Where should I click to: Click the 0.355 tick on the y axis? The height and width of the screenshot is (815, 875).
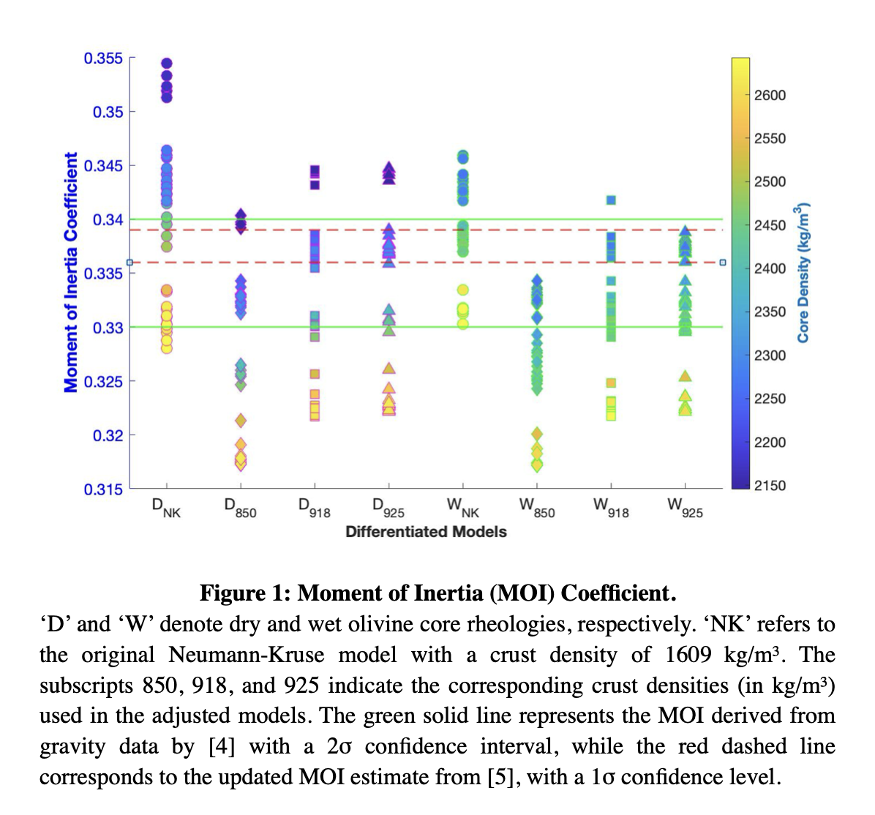[103, 58]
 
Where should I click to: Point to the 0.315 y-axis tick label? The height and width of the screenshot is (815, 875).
[103, 489]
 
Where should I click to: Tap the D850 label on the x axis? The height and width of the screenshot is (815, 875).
[240, 508]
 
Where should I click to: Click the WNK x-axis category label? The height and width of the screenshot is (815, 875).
[462, 508]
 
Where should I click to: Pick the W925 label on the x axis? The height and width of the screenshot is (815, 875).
[685, 508]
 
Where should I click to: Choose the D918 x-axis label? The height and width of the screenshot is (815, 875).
[314, 508]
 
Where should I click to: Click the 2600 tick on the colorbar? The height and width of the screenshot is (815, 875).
[770, 95]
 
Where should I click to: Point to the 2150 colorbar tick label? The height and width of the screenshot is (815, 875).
[770, 485]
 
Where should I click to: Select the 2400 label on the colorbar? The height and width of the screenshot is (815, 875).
[770, 268]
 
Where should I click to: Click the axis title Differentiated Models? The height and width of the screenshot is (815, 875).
[426, 532]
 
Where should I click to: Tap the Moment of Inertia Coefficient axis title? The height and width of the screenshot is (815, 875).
[71, 272]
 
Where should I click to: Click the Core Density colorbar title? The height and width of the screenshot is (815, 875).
[804, 272]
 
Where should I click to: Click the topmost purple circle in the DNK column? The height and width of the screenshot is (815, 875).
[167, 63]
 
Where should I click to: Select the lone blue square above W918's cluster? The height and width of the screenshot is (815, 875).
[611, 200]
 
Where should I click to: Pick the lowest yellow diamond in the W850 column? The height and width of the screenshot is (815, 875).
[537, 465]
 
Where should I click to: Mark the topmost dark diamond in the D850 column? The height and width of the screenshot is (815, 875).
[241, 215]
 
